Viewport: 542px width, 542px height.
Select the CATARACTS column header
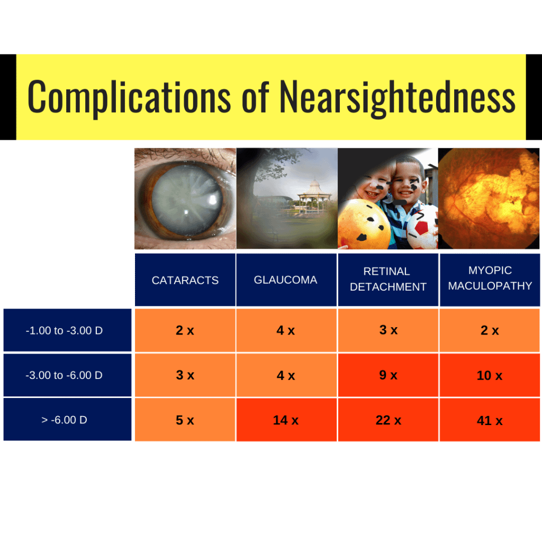coord(185,280)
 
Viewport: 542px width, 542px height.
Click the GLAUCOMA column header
coord(286,279)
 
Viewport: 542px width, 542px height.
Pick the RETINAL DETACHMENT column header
coord(388,279)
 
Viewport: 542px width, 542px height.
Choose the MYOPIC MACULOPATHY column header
coord(490,279)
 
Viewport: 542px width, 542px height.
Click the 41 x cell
coord(490,420)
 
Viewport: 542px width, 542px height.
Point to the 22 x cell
coord(388,420)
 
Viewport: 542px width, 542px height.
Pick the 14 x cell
coord(286,420)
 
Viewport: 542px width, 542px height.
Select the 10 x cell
coord(490,375)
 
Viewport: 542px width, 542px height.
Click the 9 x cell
coord(388,375)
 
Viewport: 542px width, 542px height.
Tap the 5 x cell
coord(185,420)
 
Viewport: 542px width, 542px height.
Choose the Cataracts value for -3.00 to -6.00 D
coord(185,375)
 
